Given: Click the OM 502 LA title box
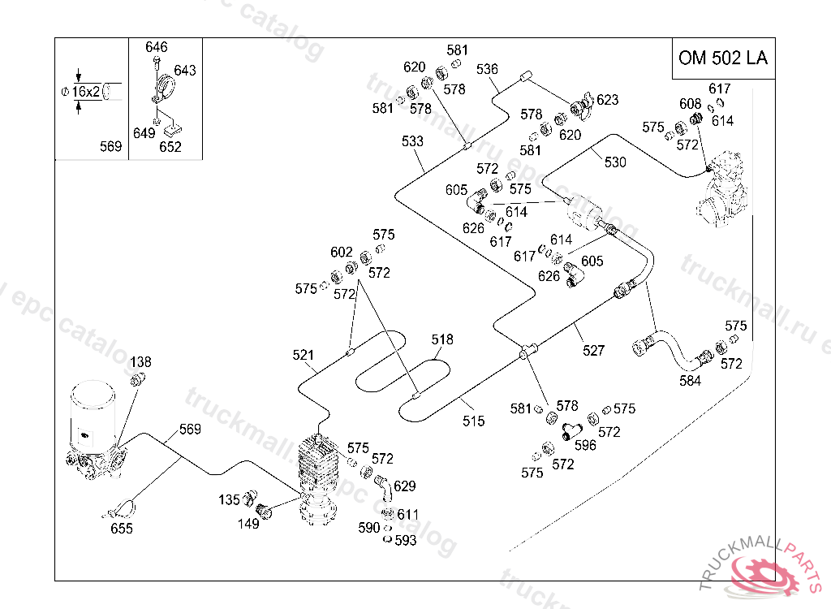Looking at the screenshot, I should (x=722, y=58).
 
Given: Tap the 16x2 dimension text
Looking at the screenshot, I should (x=85, y=92).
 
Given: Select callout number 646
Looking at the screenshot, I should (x=157, y=47).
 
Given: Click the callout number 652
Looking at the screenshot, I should (x=170, y=147).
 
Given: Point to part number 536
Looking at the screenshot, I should (x=487, y=69).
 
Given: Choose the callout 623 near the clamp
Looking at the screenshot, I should (x=607, y=100).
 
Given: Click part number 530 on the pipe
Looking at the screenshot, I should (x=615, y=162).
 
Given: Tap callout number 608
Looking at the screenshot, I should (x=691, y=103).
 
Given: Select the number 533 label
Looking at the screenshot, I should (x=412, y=141).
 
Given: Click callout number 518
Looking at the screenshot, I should (x=442, y=339).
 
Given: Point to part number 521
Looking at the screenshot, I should (x=304, y=355).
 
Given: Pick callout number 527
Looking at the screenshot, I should (x=593, y=351).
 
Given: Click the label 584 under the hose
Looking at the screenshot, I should (x=690, y=381).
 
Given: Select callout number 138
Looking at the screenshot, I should (x=141, y=361).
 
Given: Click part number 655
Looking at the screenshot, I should (x=122, y=529).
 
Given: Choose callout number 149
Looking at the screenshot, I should (x=248, y=524).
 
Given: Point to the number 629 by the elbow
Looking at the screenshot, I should (x=405, y=486).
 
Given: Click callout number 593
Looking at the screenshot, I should (x=405, y=541).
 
